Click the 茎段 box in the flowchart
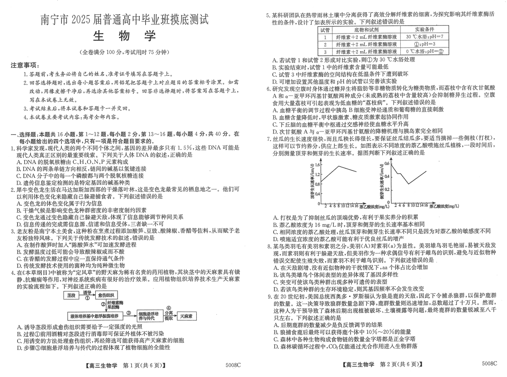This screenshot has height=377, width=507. click(70, 295)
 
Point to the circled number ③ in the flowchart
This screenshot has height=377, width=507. click(129, 312)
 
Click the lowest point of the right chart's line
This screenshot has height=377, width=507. click(409, 184)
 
